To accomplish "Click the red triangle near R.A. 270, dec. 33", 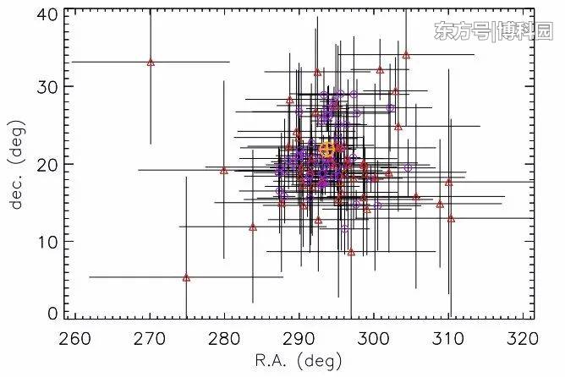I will [x=151, y=62].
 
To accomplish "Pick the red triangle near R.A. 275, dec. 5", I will [x=186, y=277].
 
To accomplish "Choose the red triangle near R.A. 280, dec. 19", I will [x=224, y=170].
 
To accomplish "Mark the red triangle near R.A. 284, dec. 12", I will [x=253, y=227].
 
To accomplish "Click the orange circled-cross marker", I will [x=329, y=150].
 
